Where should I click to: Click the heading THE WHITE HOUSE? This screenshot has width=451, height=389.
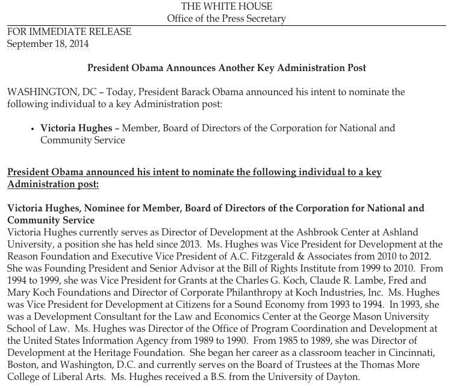226,7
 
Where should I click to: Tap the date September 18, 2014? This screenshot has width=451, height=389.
48,44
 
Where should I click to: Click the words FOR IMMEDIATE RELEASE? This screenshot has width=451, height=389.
69,32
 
